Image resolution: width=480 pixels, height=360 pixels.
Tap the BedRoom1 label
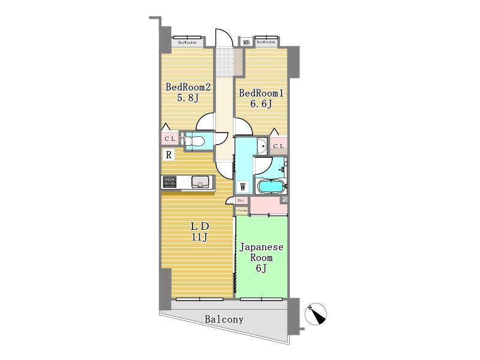[260, 98]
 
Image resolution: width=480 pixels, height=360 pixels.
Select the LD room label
[199, 232]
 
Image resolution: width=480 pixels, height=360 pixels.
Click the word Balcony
[224, 319]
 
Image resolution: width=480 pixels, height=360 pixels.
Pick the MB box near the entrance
[246, 42]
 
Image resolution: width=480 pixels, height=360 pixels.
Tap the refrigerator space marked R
[169, 155]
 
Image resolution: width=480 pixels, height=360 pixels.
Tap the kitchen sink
[199, 182]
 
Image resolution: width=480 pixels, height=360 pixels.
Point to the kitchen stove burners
[169, 182]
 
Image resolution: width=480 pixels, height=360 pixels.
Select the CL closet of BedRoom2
[169, 139]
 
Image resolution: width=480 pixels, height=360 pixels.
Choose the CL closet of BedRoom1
[278, 146]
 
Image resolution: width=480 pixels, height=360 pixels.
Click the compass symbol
[317, 313]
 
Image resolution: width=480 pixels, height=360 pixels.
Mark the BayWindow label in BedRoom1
[266, 42]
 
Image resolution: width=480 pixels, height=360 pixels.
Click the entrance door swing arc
[223, 35]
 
